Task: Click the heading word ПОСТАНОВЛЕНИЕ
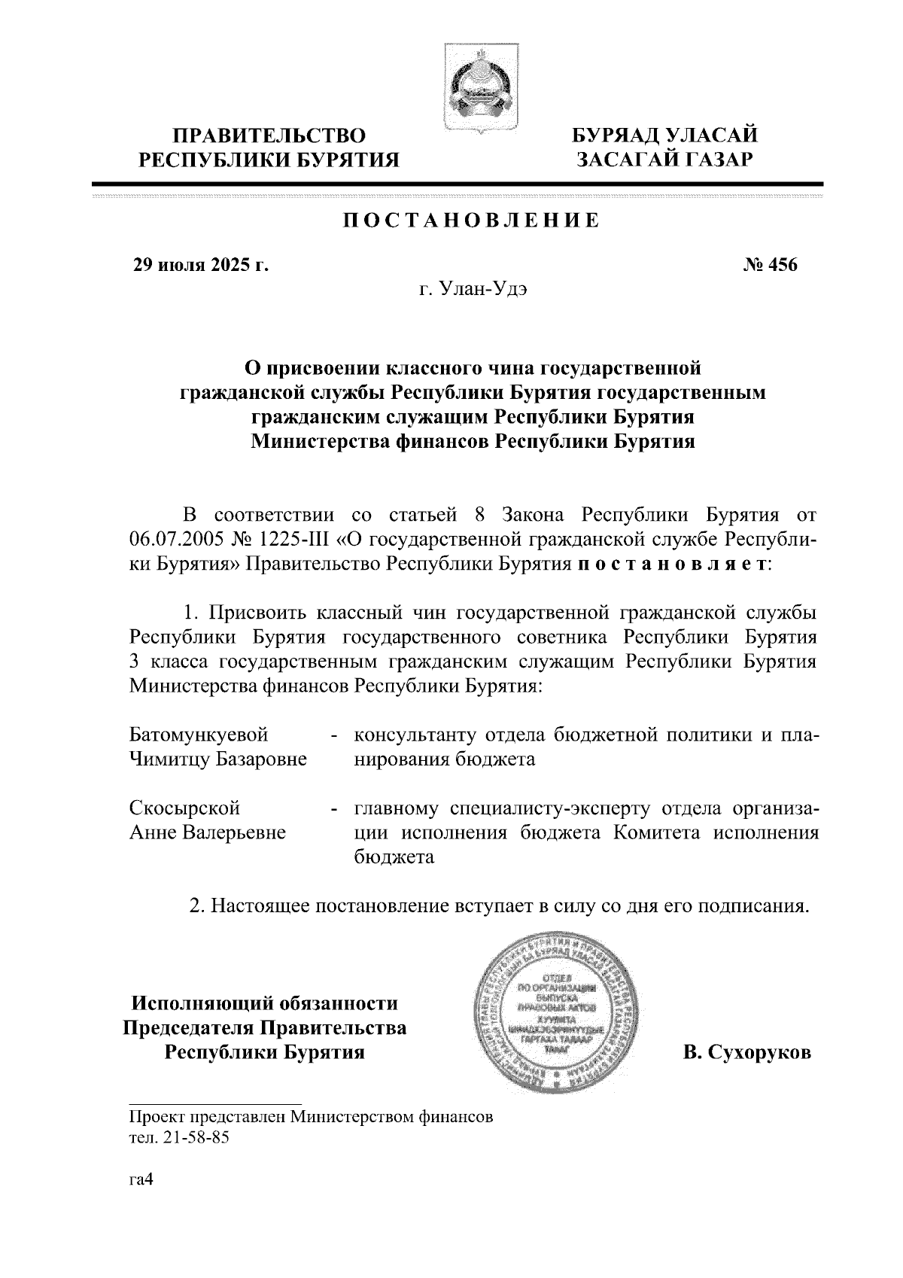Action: [471, 221]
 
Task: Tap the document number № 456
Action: [771, 265]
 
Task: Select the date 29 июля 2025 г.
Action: [200, 265]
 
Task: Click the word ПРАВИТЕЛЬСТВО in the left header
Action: [270, 136]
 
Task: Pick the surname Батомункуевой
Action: [199, 734]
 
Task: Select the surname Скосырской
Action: [184, 808]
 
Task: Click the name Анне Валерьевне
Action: [208, 833]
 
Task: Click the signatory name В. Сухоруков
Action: [746, 1052]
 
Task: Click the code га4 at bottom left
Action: [141, 1181]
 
